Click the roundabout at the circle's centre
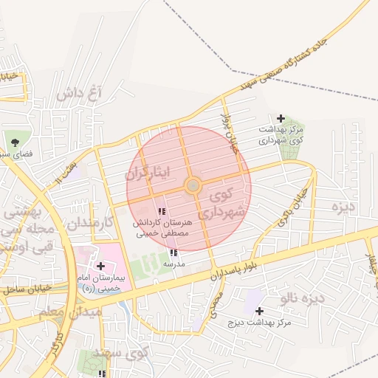click(193, 185)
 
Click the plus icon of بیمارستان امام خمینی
click(100, 266)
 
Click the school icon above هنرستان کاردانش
click(162, 212)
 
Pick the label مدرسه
click(173, 263)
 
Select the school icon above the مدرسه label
click(173, 253)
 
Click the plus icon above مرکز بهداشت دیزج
click(259, 312)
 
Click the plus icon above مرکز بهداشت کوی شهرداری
click(281, 118)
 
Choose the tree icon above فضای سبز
click(15, 141)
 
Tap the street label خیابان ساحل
click(26, 287)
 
